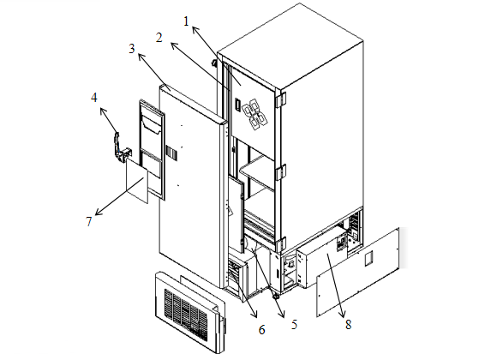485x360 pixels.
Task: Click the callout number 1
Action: pos(186,21)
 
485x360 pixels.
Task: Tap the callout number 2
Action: pos(159,38)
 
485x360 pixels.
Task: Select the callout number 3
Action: pos(132,49)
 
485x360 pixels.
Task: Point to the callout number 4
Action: pos(94,98)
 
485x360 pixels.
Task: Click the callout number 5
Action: pos(294,325)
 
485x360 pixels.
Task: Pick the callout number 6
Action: pos(262,330)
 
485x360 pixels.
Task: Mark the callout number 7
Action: pos(89,221)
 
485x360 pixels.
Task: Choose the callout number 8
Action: pos(349,325)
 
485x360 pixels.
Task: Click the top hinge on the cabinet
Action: pos(281,99)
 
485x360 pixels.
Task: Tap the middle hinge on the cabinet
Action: pos(281,172)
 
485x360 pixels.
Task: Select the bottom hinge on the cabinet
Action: pos(281,244)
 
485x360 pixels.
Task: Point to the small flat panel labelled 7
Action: pos(137,181)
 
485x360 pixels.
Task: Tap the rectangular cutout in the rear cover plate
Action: pos(368,258)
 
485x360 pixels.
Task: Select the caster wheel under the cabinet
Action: pos(275,296)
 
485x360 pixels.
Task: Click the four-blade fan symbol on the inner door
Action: pos(254,115)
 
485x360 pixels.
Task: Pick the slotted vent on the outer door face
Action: pos(171,153)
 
